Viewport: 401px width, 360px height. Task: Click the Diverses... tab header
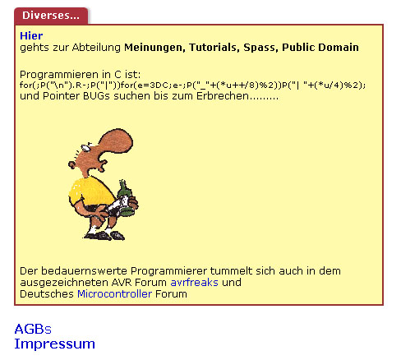tap(50, 16)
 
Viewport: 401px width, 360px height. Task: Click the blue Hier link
tap(31, 36)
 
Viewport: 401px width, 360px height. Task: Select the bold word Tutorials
tap(211, 48)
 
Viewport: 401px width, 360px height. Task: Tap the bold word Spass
tap(259, 48)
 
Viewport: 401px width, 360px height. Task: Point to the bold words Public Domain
tap(320, 48)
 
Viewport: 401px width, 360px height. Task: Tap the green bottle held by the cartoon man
tap(125, 197)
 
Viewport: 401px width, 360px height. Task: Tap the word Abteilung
tap(97, 48)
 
